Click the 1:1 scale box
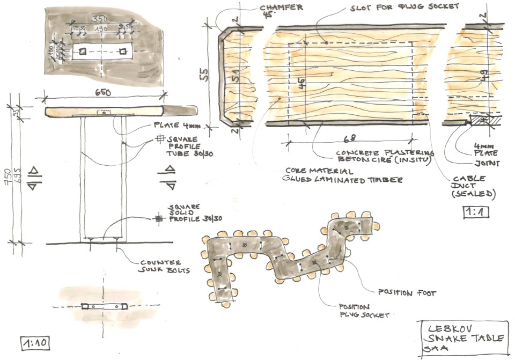click(476, 211)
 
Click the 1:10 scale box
click(34, 341)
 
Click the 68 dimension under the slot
click(349, 138)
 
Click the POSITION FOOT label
click(407, 293)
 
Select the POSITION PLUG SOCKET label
click(363, 311)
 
